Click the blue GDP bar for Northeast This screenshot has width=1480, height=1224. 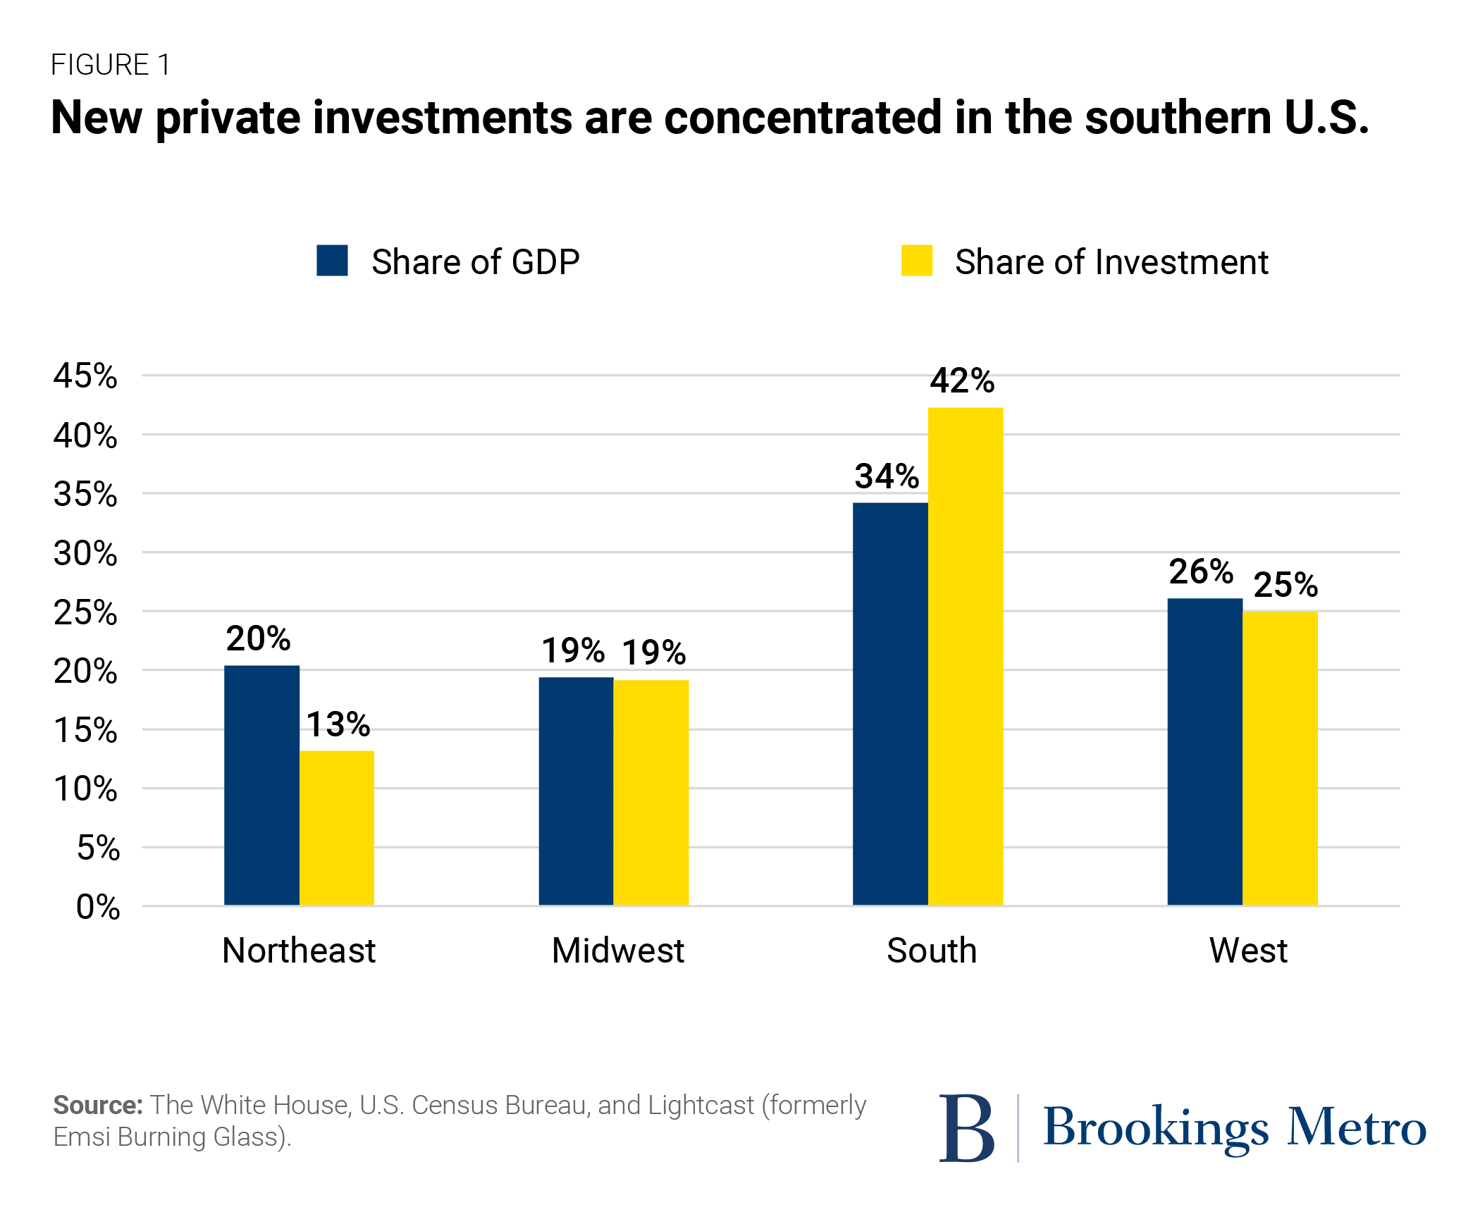[x=261, y=785]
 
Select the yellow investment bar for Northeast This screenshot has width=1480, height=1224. [x=337, y=828]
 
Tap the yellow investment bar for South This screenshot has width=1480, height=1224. [x=965, y=656]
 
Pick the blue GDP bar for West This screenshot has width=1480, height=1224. [x=1204, y=751]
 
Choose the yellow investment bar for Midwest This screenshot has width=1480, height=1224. [x=650, y=792]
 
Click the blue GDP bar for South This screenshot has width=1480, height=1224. [x=890, y=704]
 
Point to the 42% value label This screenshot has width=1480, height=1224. [x=962, y=381]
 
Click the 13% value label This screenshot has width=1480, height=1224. [x=338, y=724]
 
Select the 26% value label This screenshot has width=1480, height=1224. [x=1201, y=571]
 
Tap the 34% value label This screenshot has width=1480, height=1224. [x=887, y=476]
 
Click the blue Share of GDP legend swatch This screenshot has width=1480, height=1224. [x=332, y=261]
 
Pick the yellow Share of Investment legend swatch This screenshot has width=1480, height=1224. [x=916, y=261]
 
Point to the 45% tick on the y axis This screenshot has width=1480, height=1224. [x=85, y=376]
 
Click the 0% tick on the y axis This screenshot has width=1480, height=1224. [x=98, y=907]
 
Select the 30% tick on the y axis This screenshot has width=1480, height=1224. [x=85, y=554]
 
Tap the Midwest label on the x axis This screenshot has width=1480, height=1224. [x=617, y=951]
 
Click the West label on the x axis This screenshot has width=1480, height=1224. [x=1248, y=951]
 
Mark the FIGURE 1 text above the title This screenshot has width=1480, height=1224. [x=111, y=65]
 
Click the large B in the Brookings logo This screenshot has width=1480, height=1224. [x=966, y=1128]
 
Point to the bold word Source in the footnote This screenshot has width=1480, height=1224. [x=98, y=1105]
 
